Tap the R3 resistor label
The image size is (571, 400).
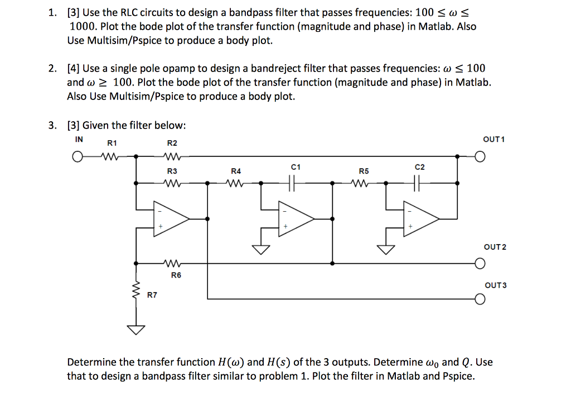pyautogui.click(x=172, y=170)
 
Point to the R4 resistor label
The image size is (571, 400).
pyautogui.click(x=236, y=170)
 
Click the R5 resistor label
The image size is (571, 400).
pyautogui.click(x=364, y=170)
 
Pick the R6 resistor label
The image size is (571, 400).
pyautogui.click(x=176, y=275)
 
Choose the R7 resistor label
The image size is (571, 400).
pyautogui.click(x=152, y=294)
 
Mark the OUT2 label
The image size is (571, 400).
pyautogui.click(x=495, y=246)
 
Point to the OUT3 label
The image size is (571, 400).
pyautogui.click(x=495, y=285)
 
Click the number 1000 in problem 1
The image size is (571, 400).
pyautogui.click(x=82, y=26)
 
